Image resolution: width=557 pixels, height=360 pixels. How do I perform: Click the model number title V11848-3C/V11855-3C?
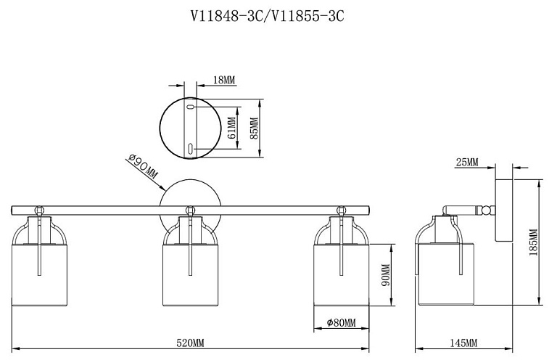(x=268, y=17)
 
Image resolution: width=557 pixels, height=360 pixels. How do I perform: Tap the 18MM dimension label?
(x=224, y=80)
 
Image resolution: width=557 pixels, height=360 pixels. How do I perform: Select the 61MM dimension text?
(x=231, y=128)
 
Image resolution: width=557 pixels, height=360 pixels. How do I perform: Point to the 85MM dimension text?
(x=254, y=128)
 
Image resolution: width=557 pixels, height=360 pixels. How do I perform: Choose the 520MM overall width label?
(x=191, y=343)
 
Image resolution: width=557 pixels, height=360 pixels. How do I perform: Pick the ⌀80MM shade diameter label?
(x=341, y=323)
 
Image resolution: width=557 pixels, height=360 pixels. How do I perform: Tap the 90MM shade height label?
(x=386, y=274)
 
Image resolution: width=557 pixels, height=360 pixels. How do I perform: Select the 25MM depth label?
(x=467, y=163)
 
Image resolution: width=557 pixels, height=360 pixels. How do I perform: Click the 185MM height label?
(x=534, y=242)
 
